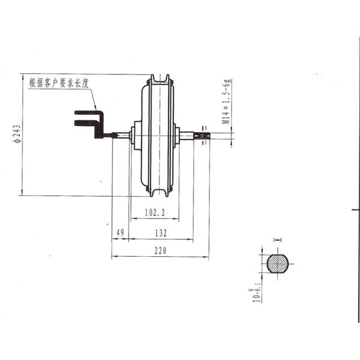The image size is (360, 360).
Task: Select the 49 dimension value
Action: (119, 232)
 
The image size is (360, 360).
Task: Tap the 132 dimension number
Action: (160, 232)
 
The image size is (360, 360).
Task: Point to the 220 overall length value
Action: (160, 251)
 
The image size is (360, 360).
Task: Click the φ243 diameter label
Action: (17, 134)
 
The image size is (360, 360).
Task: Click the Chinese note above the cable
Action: (59, 83)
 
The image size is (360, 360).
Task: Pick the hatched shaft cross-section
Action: (277, 263)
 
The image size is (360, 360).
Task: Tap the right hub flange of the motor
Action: (176, 135)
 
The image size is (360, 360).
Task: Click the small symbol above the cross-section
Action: (277, 241)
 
